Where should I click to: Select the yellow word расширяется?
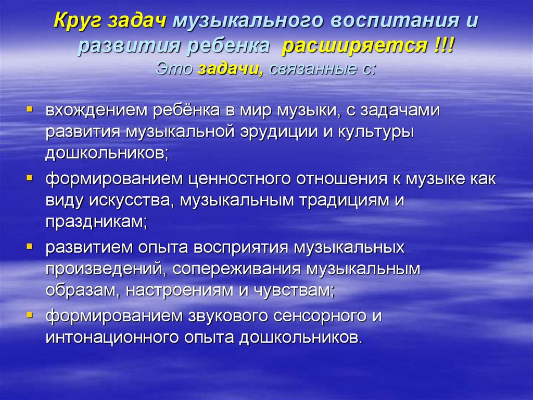tap(355, 46)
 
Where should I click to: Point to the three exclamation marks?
tap(444, 45)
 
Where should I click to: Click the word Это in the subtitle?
tap(174, 69)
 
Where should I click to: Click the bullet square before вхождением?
tap(29, 110)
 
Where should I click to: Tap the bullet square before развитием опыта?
tap(29, 246)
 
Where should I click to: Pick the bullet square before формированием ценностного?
tap(29, 178)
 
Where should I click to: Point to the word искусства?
tap(132, 200)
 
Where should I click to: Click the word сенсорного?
tap(320, 316)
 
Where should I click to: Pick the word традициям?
tap(345, 201)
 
